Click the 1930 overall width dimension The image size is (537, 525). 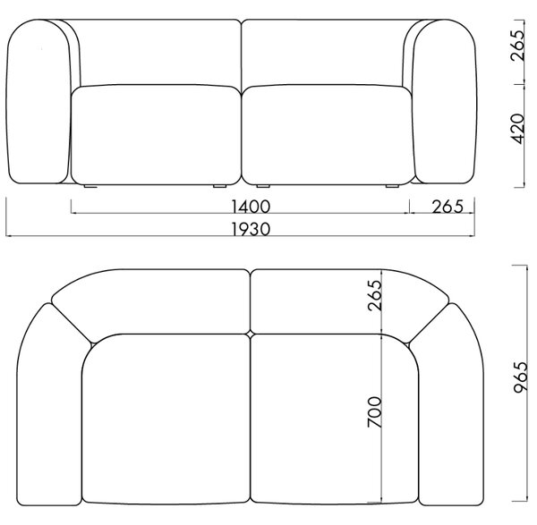[251, 229]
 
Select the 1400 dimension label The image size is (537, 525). [251, 207]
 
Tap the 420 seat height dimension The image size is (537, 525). [517, 128]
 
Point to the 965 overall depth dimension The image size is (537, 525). [521, 377]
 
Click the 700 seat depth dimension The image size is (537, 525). [374, 411]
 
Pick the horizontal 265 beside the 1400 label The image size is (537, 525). [447, 207]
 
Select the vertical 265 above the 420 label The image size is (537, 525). [517, 46]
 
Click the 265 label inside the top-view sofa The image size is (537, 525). [374, 295]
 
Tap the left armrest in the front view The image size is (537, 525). [38, 101]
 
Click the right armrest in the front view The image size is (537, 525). [445, 101]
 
